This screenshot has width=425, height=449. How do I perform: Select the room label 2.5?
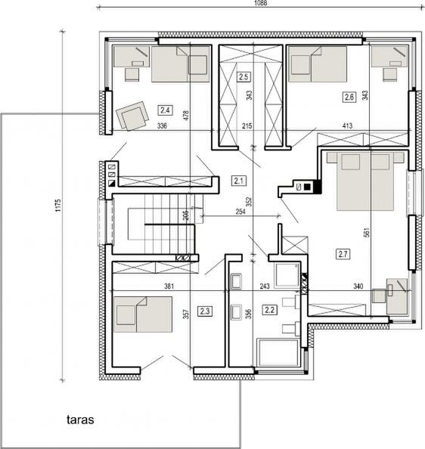[x=244, y=76]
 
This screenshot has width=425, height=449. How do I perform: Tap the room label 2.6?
[x=349, y=97]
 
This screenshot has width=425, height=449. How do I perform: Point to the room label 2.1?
[x=239, y=180]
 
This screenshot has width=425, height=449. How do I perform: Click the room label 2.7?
[x=344, y=255]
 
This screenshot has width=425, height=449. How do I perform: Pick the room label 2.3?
[x=205, y=311]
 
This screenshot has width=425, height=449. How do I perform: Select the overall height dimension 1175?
[x=68, y=206]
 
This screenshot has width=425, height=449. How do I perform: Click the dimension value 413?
[x=347, y=126]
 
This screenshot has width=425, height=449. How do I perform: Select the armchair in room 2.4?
[x=133, y=116]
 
